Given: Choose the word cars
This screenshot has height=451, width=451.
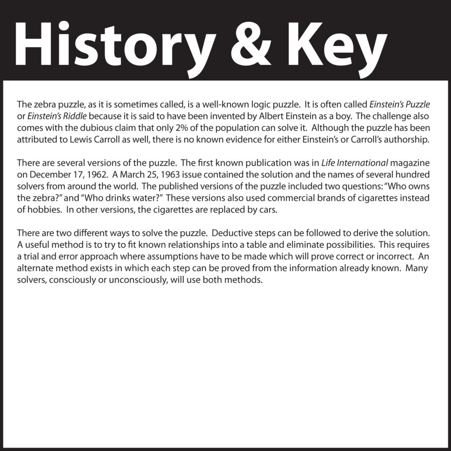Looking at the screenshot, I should pyautogui.click(x=269, y=210).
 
